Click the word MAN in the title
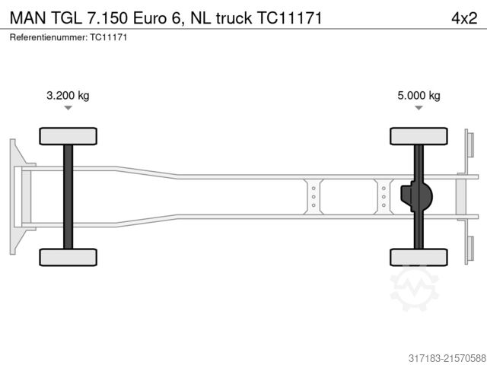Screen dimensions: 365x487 click(x=26, y=17)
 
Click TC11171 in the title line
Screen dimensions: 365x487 click(x=285, y=17)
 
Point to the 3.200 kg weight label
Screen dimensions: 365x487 click(x=68, y=95)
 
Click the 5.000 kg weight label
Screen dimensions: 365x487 click(x=419, y=95)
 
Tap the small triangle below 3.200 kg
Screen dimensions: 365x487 click(x=68, y=108)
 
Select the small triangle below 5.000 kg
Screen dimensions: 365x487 click(x=419, y=108)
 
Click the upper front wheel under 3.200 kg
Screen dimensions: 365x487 click(x=68, y=136)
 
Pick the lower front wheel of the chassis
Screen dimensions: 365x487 click(x=68, y=257)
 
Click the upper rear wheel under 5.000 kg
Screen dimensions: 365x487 click(x=419, y=136)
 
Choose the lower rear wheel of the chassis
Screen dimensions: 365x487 click(x=419, y=257)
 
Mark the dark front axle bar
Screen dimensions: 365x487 click(x=68, y=196)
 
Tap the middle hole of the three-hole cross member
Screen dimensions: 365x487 click(x=312, y=196)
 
